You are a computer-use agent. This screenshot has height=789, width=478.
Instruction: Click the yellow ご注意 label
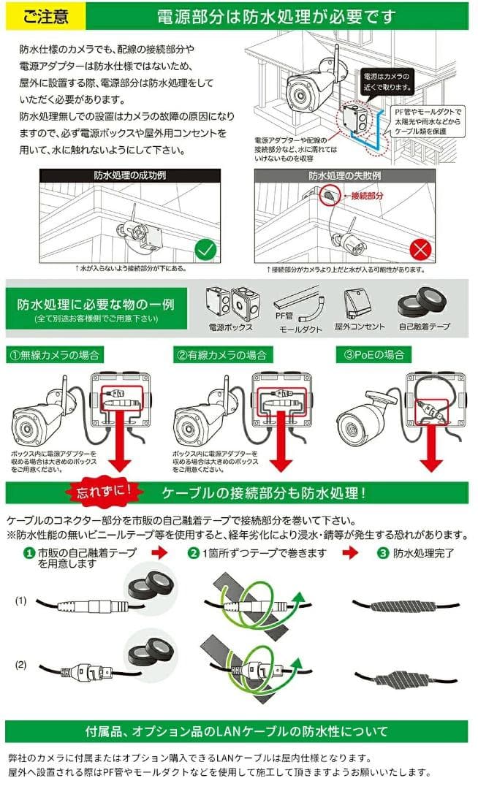[x=42, y=15]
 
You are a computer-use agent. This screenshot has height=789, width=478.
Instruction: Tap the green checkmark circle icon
[x=205, y=251]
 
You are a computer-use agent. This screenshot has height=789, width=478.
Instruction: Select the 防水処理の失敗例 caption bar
[x=344, y=175]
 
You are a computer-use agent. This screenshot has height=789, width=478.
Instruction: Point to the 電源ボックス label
[x=230, y=327]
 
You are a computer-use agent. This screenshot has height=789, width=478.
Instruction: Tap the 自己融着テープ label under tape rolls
[x=423, y=327]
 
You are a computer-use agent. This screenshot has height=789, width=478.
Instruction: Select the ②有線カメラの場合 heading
[x=221, y=355]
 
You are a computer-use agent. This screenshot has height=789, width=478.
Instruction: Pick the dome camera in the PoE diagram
[x=364, y=419]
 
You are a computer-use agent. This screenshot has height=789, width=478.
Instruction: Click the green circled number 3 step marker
[x=383, y=553]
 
